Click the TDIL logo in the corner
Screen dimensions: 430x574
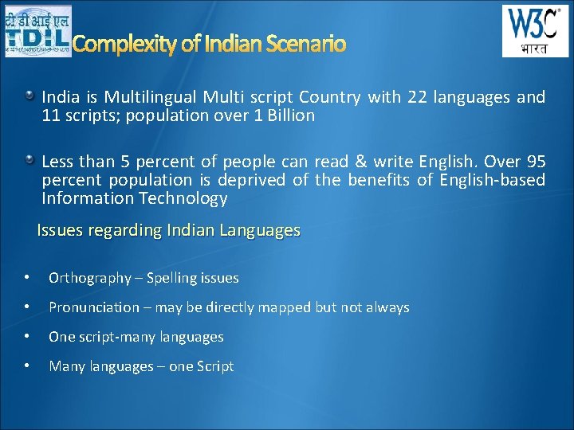(x=37, y=31)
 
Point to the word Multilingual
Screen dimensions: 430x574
(x=152, y=97)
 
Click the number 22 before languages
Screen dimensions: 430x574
(x=417, y=97)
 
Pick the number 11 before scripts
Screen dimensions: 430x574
(x=51, y=115)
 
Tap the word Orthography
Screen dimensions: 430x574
(x=89, y=278)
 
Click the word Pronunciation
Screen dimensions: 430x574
(x=93, y=307)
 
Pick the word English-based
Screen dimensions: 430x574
(x=494, y=180)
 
